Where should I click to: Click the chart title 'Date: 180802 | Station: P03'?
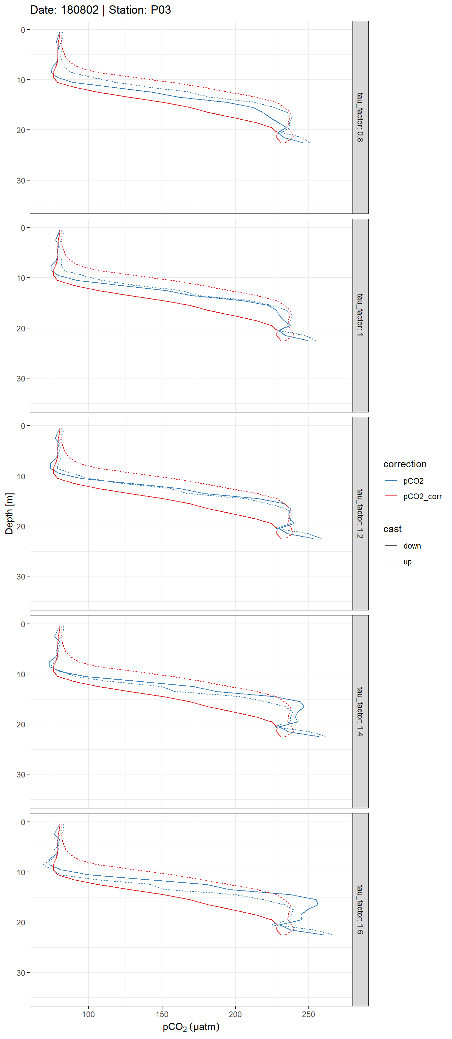(x=101, y=10)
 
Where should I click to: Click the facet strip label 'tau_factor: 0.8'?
(x=360, y=117)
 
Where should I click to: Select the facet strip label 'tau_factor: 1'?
(x=360, y=315)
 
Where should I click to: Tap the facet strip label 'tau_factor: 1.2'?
(x=360, y=514)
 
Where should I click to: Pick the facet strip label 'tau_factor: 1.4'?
(x=360, y=712)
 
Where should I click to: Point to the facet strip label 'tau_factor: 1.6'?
(x=360, y=910)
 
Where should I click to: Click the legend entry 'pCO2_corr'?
(x=422, y=496)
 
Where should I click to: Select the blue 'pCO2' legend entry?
(x=413, y=481)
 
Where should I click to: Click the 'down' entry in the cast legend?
(x=412, y=546)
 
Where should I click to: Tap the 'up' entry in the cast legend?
(x=407, y=561)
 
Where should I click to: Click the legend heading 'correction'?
(x=404, y=464)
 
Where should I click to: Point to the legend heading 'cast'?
(x=392, y=529)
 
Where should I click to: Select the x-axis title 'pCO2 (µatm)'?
(x=191, y=1027)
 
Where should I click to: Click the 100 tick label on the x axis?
(x=88, y=1014)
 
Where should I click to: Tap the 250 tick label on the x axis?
(x=308, y=1014)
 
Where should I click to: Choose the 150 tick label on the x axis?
(x=162, y=1014)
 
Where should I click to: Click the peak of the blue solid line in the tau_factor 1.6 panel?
(x=317, y=904)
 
